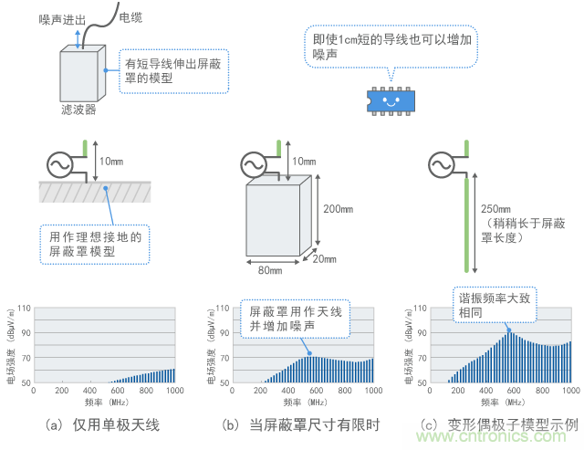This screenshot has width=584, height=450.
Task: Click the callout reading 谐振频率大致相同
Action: coord(493,305)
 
